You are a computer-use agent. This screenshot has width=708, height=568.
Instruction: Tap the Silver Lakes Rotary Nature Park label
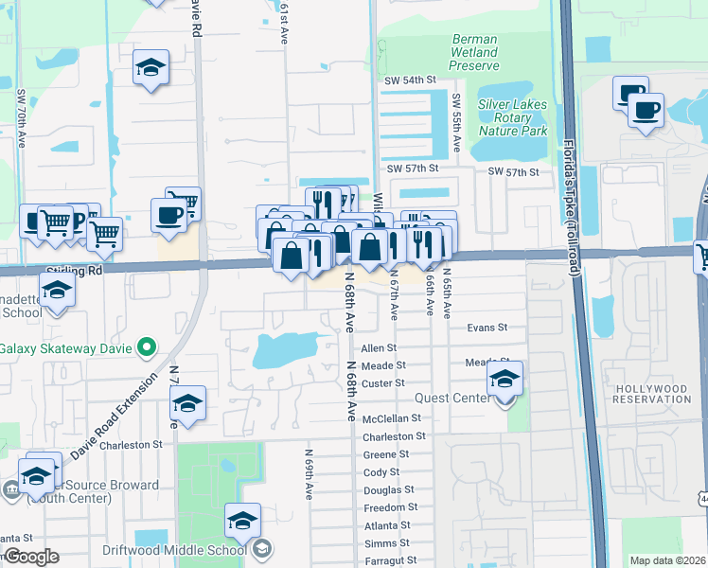513,117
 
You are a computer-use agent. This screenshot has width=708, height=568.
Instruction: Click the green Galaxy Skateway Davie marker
145,348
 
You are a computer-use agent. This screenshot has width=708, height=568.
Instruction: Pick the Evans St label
487,328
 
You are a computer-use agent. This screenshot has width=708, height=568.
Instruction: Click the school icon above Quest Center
505,379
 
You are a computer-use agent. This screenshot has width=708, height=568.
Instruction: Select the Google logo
31,558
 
